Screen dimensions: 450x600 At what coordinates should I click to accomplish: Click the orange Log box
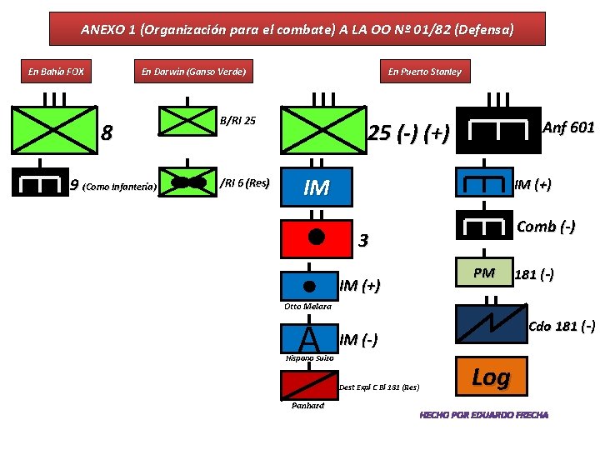(x=491, y=377)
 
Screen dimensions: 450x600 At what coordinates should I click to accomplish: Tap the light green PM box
(x=483, y=273)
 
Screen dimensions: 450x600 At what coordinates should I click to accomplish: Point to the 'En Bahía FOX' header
(x=56, y=72)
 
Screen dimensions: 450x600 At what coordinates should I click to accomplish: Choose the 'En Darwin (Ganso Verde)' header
(x=193, y=72)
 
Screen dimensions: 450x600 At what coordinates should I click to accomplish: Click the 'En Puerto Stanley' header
(x=424, y=72)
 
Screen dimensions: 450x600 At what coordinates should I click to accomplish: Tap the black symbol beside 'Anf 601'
(x=499, y=129)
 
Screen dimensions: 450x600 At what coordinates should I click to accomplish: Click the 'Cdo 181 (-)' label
(x=562, y=325)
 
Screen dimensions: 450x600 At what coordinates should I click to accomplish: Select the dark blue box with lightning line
(x=491, y=325)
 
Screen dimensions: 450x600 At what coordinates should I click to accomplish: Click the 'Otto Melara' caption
(x=307, y=307)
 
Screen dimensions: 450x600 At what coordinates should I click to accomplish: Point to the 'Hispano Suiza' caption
(x=309, y=357)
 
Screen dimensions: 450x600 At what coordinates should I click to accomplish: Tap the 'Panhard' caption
(x=307, y=406)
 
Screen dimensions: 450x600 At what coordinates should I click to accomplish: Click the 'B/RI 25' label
(x=237, y=121)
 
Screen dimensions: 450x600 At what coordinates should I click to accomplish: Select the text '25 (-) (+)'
(x=409, y=132)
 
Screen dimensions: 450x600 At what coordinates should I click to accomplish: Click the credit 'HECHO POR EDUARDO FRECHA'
(x=483, y=414)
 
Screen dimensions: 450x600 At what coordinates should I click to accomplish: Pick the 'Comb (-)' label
(x=545, y=227)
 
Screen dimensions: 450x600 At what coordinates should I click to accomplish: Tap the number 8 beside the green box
(x=107, y=132)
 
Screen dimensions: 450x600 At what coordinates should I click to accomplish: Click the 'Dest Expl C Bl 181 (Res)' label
(x=379, y=387)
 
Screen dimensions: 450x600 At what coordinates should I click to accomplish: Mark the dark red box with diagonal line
(x=308, y=385)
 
